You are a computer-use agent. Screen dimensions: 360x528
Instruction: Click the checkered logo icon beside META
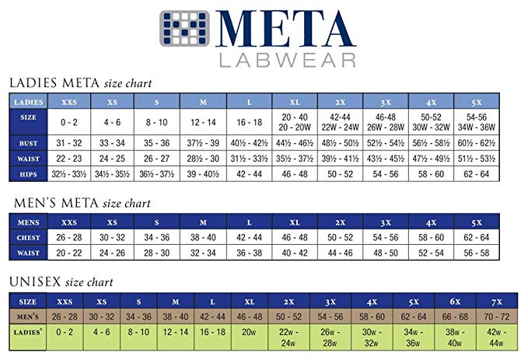(x=186, y=29)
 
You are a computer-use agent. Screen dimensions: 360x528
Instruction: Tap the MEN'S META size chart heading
(x=82, y=204)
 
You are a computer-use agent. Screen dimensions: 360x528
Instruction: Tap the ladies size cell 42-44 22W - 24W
(x=341, y=122)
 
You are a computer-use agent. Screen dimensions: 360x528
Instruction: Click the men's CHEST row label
(x=29, y=237)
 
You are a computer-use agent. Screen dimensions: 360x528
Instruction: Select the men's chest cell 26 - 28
(x=70, y=237)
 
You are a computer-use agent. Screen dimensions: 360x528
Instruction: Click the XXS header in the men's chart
(x=70, y=222)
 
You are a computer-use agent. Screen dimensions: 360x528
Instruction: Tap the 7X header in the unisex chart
(x=495, y=301)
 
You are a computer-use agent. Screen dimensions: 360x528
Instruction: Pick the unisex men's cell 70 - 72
(x=495, y=317)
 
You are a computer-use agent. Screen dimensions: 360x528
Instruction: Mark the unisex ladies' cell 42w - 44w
(x=495, y=337)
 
